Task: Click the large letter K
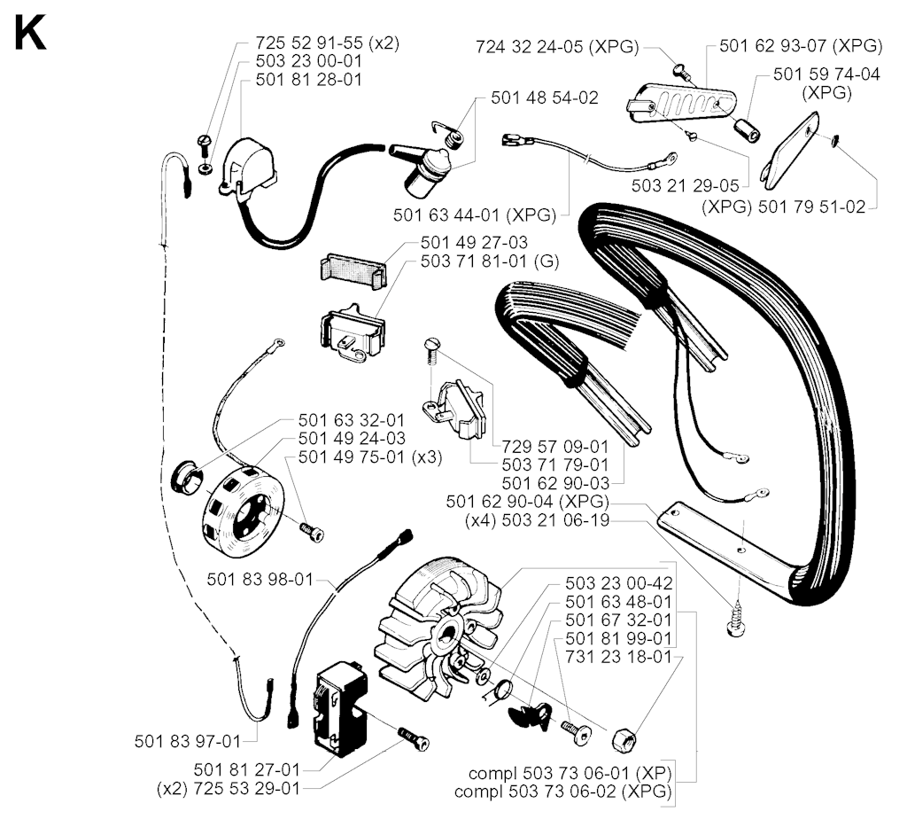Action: (30, 34)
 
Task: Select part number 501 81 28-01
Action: (308, 79)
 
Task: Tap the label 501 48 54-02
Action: (545, 98)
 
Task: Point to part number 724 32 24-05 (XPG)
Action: (558, 47)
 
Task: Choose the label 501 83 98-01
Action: (260, 580)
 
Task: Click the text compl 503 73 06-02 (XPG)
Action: (562, 792)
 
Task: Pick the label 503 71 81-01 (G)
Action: (489, 261)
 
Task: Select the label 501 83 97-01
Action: (188, 741)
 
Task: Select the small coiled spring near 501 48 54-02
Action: (448, 136)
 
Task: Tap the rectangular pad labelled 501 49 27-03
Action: (353, 271)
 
